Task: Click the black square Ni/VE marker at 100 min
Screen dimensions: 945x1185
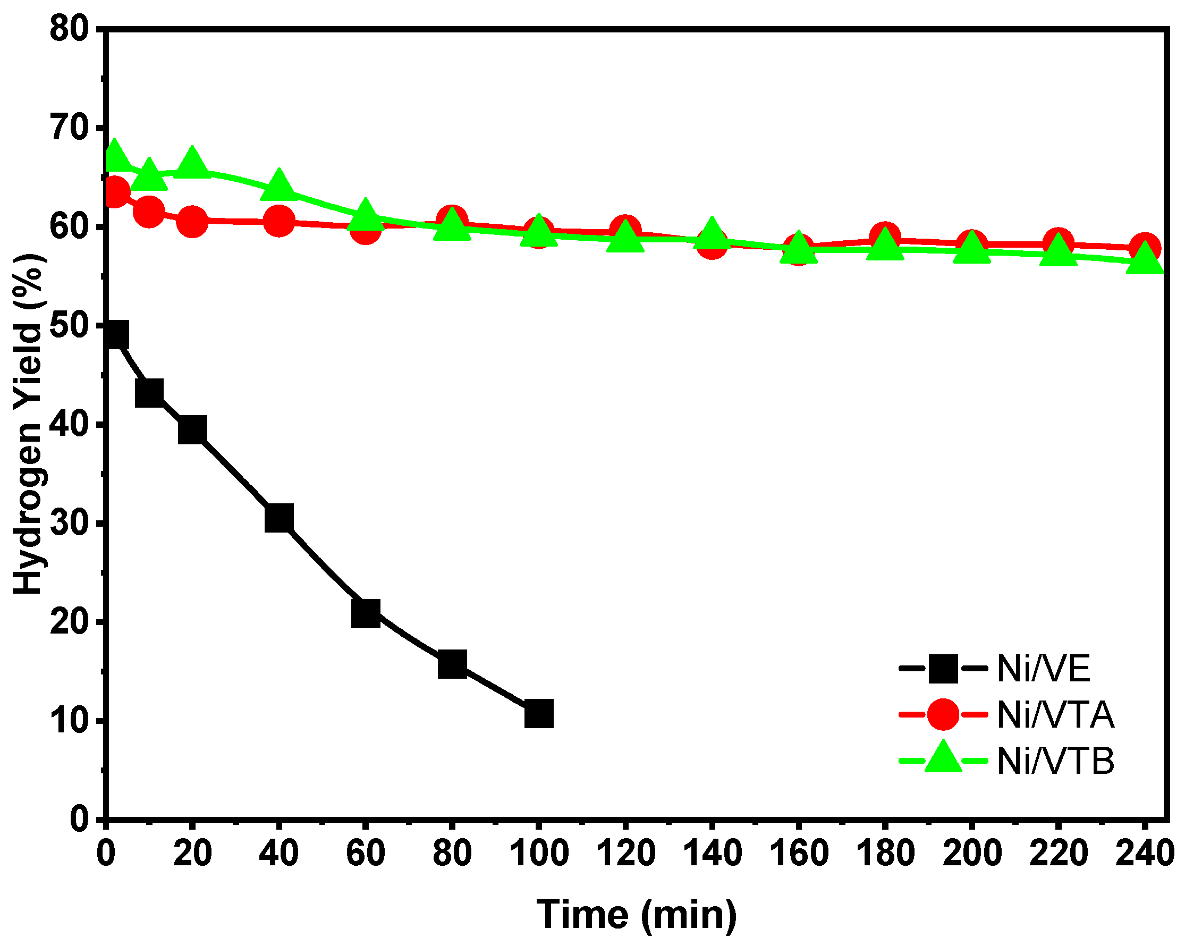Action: point(539,714)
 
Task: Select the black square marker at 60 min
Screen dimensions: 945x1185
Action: point(366,613)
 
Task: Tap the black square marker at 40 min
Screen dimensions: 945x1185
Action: point(278,518)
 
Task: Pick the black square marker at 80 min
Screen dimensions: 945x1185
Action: point(452,664)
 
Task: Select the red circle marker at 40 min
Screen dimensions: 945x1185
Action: point(278,221)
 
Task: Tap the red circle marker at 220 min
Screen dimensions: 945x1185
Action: point(1058,242)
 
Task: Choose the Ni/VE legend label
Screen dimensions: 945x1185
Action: point(1043,669)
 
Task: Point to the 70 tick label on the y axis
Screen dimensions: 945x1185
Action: point(69,128)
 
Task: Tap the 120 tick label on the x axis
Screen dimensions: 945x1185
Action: point(625,854)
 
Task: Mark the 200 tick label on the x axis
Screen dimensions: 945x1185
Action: point(972,854)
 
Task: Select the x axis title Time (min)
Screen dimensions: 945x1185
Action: point(637,915)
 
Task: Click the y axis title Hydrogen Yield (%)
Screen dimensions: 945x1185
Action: point(29,423)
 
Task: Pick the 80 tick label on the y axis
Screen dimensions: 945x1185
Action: point(69,29)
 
